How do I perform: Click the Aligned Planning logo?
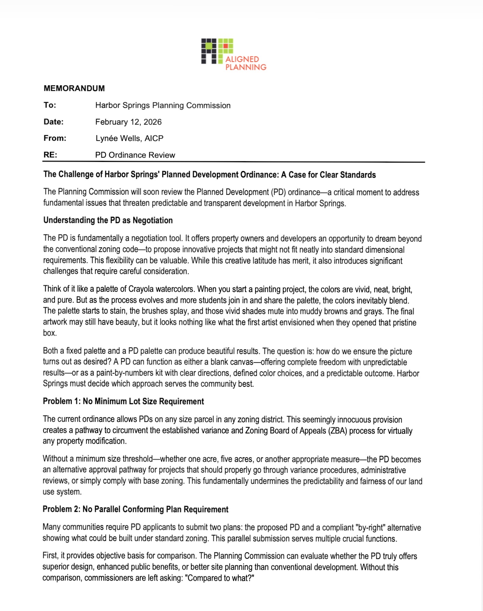(x=234, y=54)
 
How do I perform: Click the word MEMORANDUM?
(x=74, y=88)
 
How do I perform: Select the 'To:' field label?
(x=50, y=105)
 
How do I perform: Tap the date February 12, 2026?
(x=128, y=122)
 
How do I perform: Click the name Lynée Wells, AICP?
(x=129, y=138)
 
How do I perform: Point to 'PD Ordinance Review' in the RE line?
(x=135, y=155)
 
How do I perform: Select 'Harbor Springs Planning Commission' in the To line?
(x=163, y=105)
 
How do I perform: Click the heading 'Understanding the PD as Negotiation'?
(x=108, y=220)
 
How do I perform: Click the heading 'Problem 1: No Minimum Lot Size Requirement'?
(x=123, y=401)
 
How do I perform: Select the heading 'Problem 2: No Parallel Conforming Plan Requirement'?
(x=135, y=509)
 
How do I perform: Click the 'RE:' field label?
(x=50, y=155)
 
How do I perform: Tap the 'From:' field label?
(x=55, y=138)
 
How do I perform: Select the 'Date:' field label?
(x=53, y=122)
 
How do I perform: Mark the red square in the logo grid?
(x=225, y=46)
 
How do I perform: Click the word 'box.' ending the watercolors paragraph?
(x=50, y=333)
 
